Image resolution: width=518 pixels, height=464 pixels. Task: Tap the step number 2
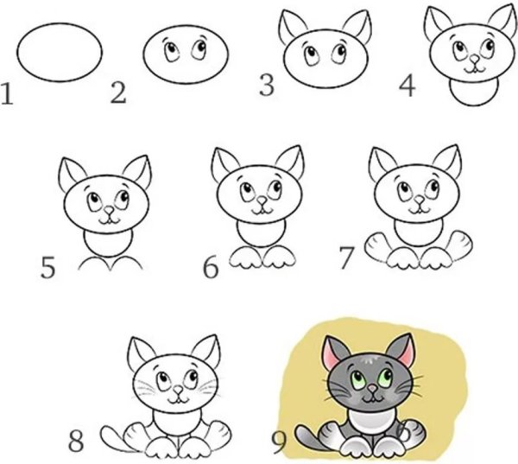(x=118, y=92)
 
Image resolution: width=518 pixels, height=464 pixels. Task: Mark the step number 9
(x=279, y=442)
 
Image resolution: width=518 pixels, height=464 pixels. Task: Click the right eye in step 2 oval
(x=199, y=48)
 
